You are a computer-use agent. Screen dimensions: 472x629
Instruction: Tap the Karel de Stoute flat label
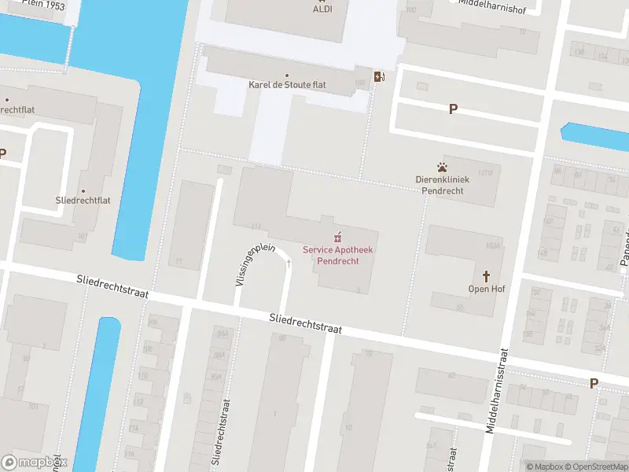(x=288, y=84)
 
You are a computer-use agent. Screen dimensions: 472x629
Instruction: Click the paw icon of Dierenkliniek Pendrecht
(x=443, y=167)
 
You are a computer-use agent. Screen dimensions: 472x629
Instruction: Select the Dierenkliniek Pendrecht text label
(x=443, y=185)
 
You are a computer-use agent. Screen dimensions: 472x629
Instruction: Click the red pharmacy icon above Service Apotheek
(x=338, y=237)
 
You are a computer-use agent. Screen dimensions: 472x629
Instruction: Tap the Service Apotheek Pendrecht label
(x=338, y=255)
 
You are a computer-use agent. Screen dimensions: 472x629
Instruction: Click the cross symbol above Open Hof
(x=486, y=276)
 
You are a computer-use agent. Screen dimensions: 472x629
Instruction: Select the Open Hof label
(x=486, y=289)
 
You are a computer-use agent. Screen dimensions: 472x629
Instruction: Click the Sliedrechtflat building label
(x=83, y=201)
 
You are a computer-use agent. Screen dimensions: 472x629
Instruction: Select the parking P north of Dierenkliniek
(x=453, y=109)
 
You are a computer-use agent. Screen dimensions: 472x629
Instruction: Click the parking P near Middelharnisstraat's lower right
(x=594, y=383)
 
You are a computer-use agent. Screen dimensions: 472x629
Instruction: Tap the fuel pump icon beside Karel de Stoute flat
(x=380, y=76)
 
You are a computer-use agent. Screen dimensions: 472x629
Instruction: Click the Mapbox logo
(x=35, y=463)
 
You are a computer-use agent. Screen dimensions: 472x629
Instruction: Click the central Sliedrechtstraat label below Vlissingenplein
(x=305, y=323)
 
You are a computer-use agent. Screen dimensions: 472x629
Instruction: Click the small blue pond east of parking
(x=595, y=136)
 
